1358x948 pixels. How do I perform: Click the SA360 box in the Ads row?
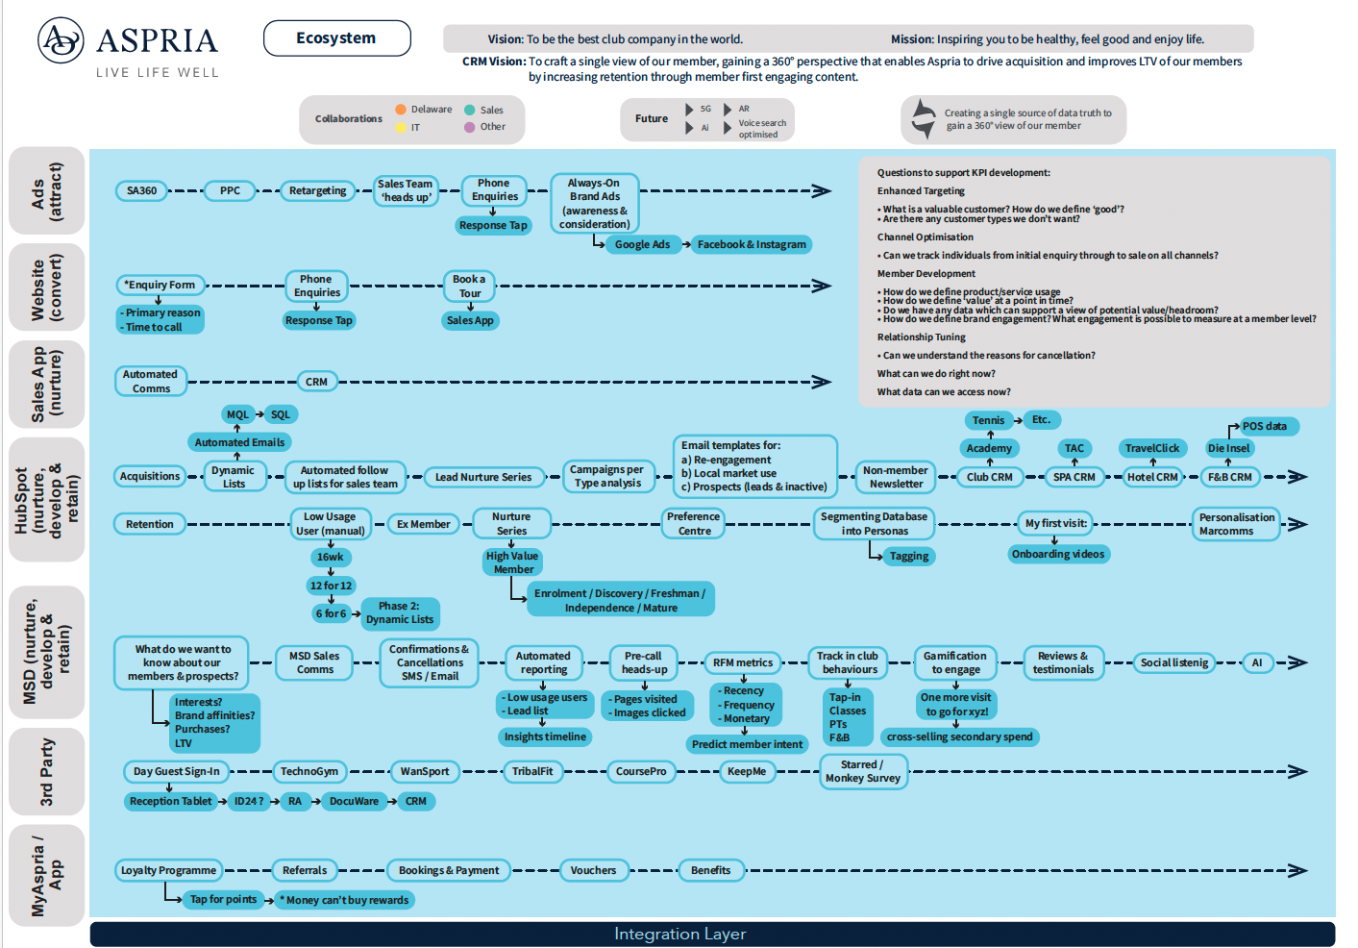[141, 190]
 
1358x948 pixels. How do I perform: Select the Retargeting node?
[317, 190]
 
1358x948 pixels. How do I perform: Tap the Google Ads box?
[642, 244]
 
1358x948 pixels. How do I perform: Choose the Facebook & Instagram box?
[752, 244]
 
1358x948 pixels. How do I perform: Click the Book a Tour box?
[469, 286]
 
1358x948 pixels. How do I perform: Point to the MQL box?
[237, 414]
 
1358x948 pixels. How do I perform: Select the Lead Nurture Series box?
[482, 477]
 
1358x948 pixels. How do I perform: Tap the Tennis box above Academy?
[988, 420]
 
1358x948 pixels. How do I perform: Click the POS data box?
[1264, 426]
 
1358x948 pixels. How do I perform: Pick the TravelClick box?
[1152, 448]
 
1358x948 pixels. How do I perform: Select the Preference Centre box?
[694, 523]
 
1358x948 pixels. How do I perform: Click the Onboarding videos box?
[1058, 554]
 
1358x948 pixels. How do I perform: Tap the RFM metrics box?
[743, 662]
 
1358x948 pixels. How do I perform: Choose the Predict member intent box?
[747, 744]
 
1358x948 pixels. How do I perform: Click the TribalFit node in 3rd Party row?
[532, 771]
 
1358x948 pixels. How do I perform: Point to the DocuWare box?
[354, 801]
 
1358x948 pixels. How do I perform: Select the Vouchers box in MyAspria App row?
[593, 870]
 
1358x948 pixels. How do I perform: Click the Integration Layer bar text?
[679, 934]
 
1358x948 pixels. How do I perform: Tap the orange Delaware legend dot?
[401, 110]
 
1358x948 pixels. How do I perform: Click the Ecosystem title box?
[336, 38]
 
